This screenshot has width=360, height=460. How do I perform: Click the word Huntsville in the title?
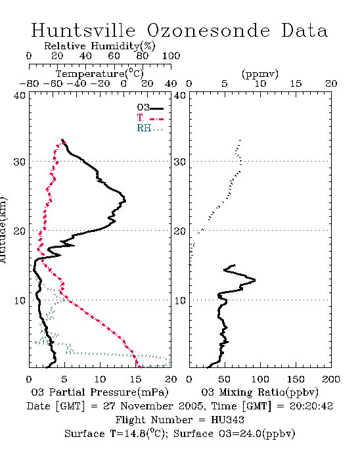click(83, 30)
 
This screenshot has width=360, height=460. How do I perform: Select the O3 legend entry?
click(150, 108)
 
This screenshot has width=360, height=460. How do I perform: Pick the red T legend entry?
click(150, 118)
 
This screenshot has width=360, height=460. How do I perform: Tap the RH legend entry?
click(150, 128)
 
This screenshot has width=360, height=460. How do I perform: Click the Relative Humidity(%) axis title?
click(100, 46)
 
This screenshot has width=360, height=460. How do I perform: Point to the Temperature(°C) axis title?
click(100, 74)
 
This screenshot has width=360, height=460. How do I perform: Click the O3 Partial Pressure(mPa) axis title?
click(100, 392)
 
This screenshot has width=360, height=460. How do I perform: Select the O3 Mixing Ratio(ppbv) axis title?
click(259, 392)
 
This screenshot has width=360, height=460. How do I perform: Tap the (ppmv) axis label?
click(259, 74)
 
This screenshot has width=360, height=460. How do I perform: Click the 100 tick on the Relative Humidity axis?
click(171, 55)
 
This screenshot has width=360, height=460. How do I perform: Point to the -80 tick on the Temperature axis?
click(29, 83)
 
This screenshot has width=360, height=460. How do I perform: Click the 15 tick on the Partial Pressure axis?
click(135, 379)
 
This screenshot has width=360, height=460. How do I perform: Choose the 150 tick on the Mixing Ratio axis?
click(296, 379)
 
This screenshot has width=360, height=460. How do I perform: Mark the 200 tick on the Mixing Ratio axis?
click(331, 379)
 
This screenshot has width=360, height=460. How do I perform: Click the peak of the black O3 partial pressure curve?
click(125, 201)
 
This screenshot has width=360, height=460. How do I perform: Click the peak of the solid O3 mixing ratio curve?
click(255, 280)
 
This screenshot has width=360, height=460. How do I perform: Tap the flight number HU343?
click(227, 419)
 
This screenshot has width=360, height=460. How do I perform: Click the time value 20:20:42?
click(311, 405)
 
